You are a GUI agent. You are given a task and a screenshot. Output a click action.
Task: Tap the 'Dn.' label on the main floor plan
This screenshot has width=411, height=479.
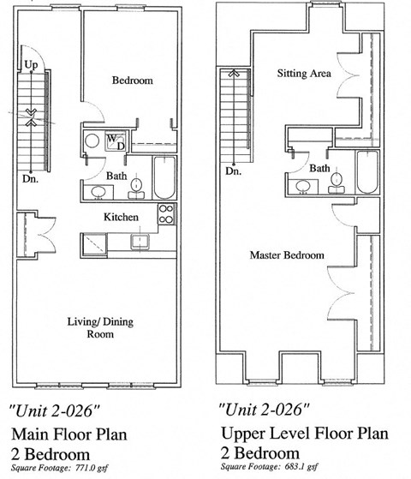[30, 180]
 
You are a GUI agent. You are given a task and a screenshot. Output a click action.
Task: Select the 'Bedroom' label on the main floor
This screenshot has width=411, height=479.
[133, 81]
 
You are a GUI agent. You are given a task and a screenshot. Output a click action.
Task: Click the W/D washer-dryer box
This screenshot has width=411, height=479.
[115, 141]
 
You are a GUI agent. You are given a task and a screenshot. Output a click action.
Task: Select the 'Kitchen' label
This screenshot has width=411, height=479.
[121, 217]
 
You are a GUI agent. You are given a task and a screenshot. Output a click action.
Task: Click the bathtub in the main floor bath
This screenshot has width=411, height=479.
[164, 177]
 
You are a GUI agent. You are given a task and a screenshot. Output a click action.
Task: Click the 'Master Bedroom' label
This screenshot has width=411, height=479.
[287, 255]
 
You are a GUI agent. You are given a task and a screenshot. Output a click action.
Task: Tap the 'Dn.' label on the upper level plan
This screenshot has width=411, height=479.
[234, 171]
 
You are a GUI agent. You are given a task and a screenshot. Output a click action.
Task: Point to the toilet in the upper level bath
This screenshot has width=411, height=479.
[337, 179]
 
